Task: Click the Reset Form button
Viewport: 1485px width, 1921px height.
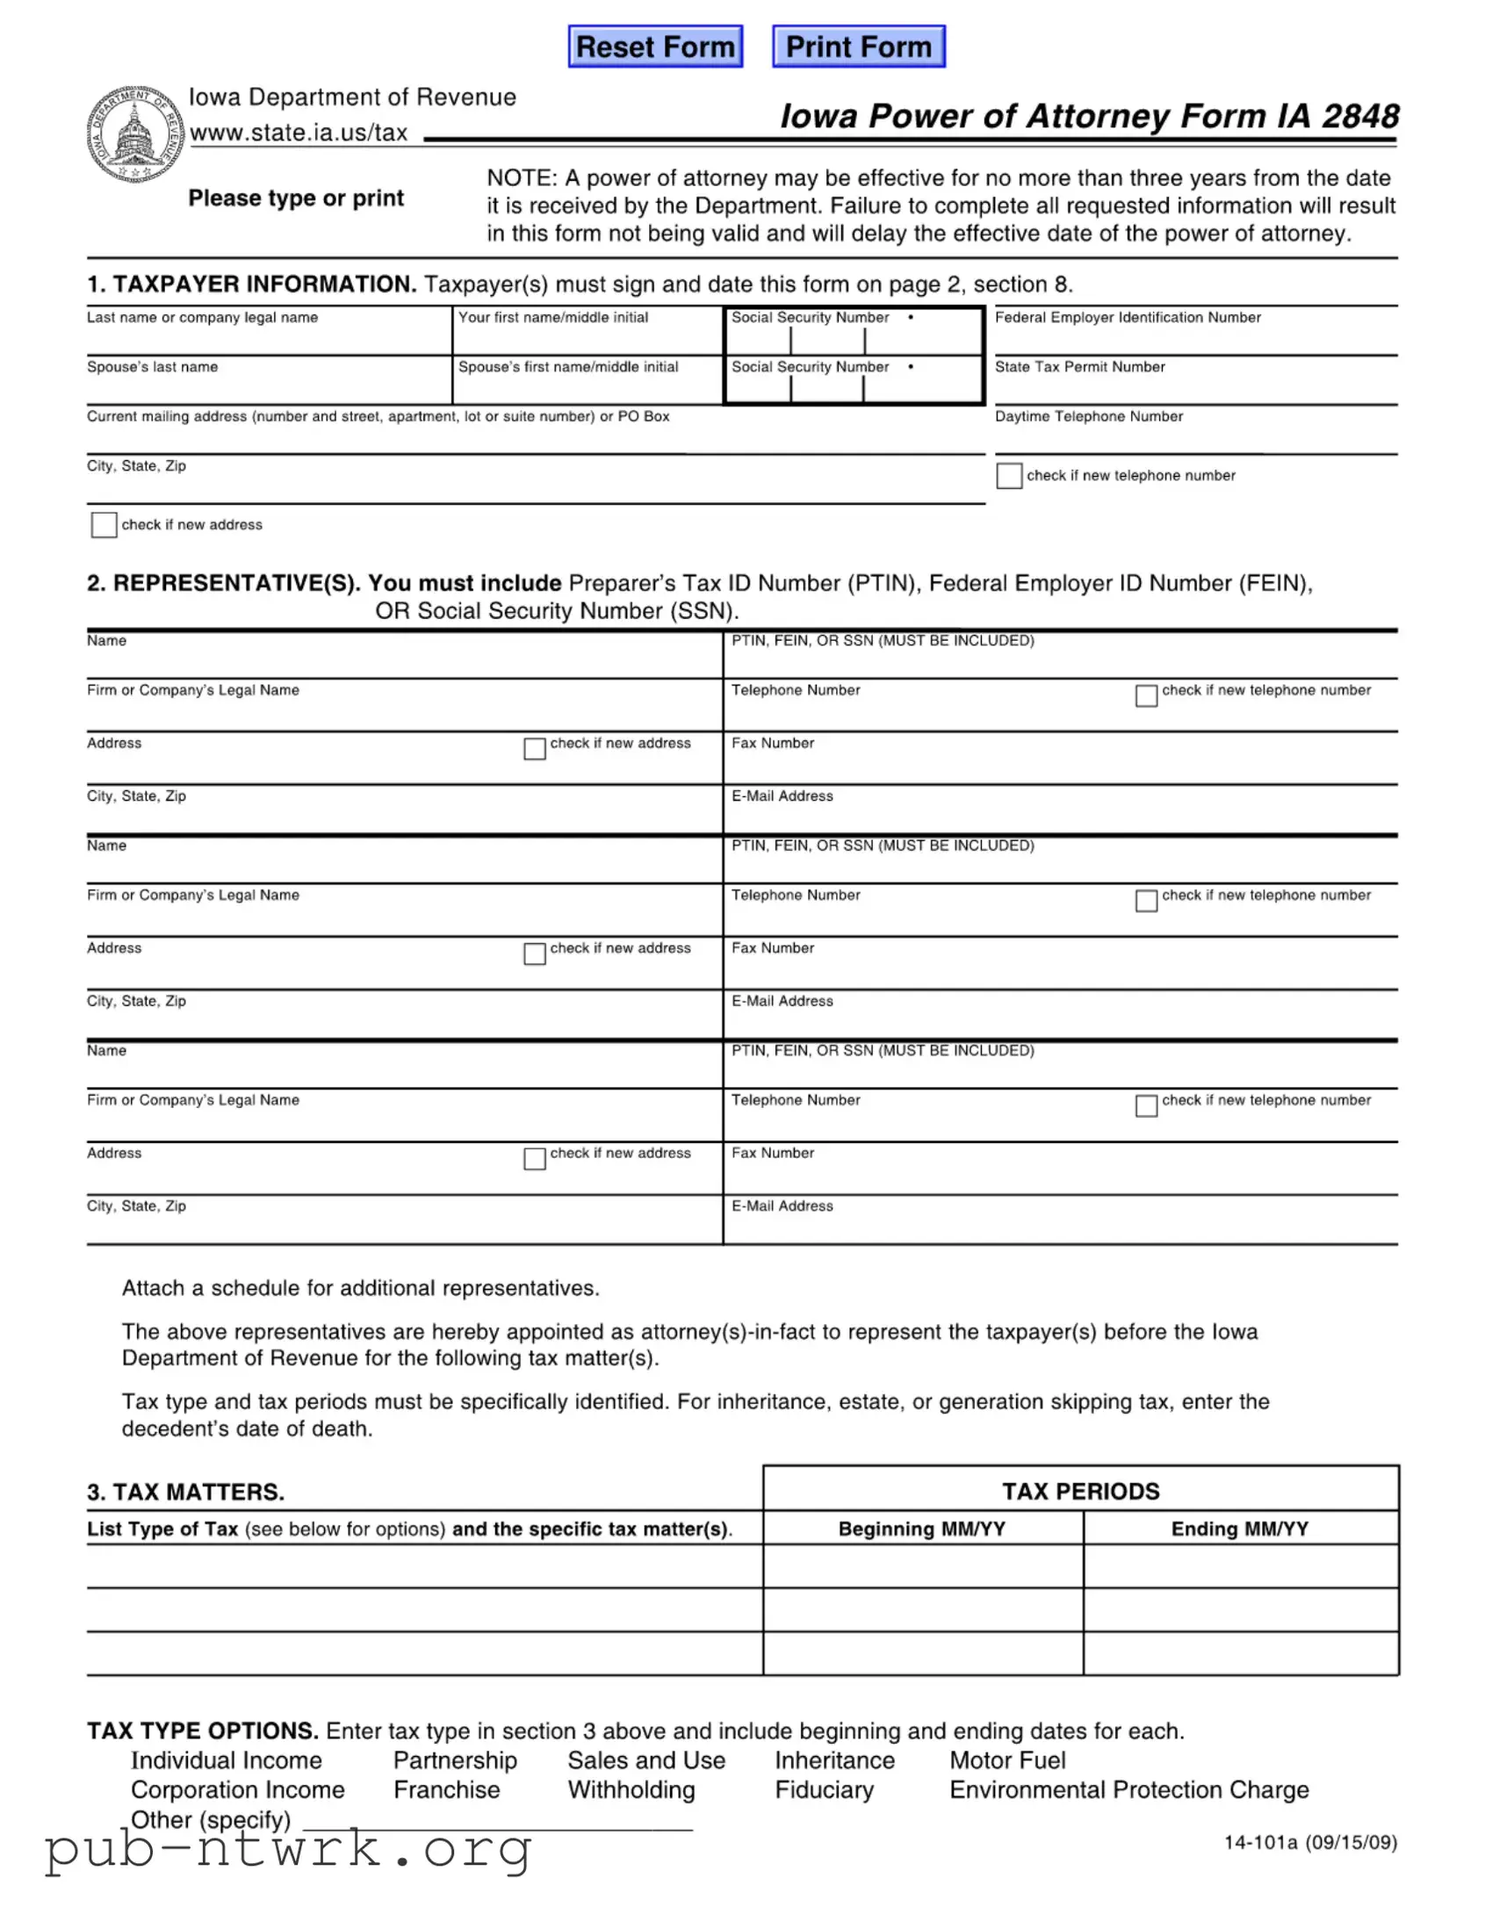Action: click(x=655, y=47)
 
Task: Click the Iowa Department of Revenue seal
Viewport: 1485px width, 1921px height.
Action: click(x=134, y=134)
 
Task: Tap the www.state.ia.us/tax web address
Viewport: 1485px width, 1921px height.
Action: click(x=299, y=133)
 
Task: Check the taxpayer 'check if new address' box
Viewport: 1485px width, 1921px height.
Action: click(x=104, y=525)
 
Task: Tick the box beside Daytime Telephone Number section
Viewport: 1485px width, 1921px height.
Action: click(x=1009, y=476)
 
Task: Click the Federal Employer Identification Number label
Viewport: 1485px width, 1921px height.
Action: click(x=1127, y=318)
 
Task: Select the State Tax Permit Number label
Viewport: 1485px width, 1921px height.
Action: click(x=1079, y=367)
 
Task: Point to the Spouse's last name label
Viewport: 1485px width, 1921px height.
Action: click(x=152, y=367)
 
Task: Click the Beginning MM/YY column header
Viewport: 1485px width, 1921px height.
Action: click(x=921, y=1529)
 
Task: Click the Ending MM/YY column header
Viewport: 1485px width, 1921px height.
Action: click(x=1240, y=1529)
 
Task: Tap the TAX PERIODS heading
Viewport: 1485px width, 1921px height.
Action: click(x=1080, y=1491)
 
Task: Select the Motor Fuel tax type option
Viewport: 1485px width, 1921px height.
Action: click(x=1007, y=1760)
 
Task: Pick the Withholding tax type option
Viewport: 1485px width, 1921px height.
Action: click(x=631, y=1790)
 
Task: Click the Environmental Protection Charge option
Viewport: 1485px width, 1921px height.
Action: click(x=1128, y=1790)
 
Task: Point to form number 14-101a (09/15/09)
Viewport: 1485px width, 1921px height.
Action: click(x=1310, y=1842)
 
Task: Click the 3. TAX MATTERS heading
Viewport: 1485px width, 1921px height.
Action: click(x=185, y=1492)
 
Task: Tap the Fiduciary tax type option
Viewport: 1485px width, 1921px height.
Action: click(x=825, y=1790)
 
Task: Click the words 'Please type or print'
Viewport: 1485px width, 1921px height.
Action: click(x=296, y=198)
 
